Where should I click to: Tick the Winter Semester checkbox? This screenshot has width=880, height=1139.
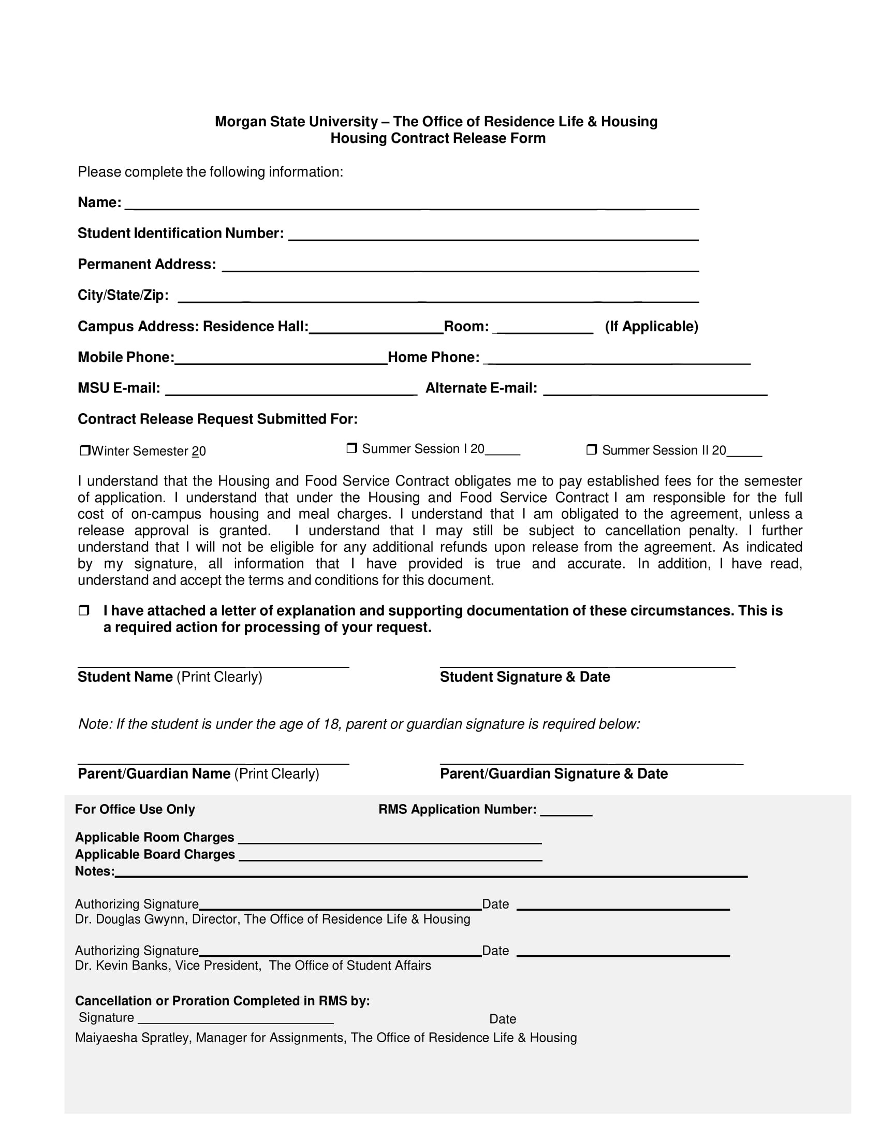click(x=85, y=450)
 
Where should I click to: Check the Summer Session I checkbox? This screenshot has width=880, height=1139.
click(x=352, y=448)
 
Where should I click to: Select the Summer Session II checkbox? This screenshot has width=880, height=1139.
click(x=592, y=449)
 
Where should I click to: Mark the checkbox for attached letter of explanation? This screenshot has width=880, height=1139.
click(x=84, y=610)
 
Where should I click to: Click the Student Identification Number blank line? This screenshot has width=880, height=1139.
click(x=493, y=236)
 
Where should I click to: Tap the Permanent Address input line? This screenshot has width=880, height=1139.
click(x=460, y=267)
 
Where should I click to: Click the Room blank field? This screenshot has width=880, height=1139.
click(x=542, y=329)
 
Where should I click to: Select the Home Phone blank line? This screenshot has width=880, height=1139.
click(x=617, y=359)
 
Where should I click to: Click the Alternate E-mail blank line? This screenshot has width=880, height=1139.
click(x=655, y=390)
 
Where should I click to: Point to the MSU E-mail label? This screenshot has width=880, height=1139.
click(x=119, y=388)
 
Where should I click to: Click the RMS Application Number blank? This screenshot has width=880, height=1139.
click(x=566, y=810)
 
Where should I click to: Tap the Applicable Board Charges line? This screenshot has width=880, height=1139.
click(x=390, y=856)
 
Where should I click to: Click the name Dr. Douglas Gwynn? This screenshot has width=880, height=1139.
click(x=130, y=919)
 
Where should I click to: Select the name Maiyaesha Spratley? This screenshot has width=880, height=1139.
click(x=132, y=1038)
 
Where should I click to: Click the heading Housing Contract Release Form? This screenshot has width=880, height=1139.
click(x=438, y=138)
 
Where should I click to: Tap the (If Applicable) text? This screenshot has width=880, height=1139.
click(x=651, y=327)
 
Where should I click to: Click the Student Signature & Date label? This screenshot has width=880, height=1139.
click(x=524, y=677)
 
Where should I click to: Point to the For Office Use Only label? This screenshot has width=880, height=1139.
click(x=135, y=809)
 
